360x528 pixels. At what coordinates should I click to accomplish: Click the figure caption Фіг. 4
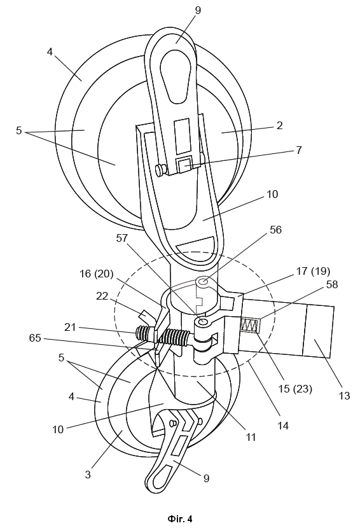click(x=179, y=518)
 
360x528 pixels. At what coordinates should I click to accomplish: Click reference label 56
click(x=275, y=230)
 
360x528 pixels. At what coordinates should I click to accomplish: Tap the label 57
click(x=121, y=238)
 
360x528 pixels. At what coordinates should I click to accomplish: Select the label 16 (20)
click(x=96, y=274)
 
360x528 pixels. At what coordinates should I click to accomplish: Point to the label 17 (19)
click(x=313, y=271)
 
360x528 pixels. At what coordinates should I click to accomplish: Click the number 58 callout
click(x=332, y=284)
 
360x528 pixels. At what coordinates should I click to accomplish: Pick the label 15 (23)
click(x=295, y=389)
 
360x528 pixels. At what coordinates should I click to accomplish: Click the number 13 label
click(x=344, y=396)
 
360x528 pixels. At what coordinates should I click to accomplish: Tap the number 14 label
click(x=283, y=426)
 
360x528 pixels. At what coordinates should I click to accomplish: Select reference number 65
click(x=35, y=338)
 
